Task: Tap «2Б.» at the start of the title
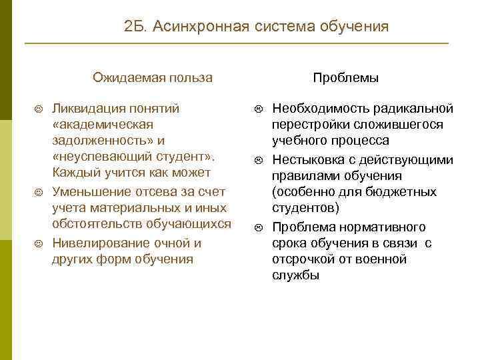click(x=137, y=27)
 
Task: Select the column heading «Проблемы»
click(x=346, y=78)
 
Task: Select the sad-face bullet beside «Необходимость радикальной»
click(x=259, y=109)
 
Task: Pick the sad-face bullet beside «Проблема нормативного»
click(x=259, y=227)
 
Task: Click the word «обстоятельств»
click(x=99, y=225)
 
